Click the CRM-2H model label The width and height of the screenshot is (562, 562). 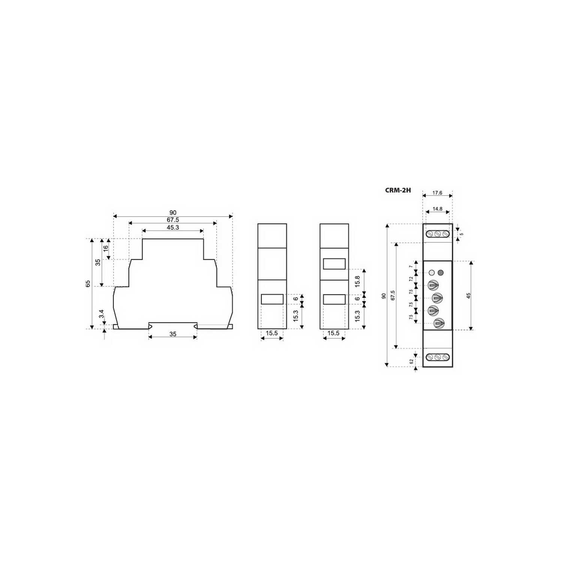click(398, 190)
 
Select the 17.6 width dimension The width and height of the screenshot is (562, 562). click(437, 193)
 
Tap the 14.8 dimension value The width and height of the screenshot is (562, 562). click(437, 209)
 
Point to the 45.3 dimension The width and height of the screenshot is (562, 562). click(173, 227)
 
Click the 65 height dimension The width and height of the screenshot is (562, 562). click(88, 284)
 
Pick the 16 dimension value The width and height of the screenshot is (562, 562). click(106, 248)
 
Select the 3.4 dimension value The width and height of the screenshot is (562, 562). click(101, 314)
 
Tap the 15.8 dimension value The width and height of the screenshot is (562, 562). click(357, 281)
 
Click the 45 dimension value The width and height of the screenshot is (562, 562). click(468, 296)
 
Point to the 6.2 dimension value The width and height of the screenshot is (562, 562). click(411, 361)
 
